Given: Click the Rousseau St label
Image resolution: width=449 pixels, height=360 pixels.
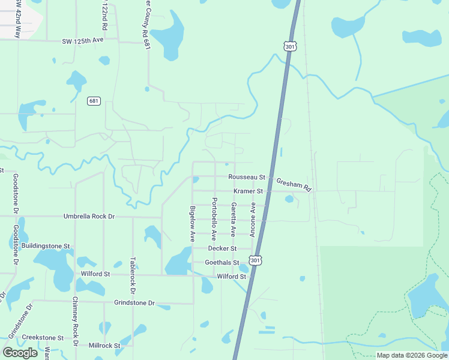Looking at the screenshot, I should [x=247, y=177].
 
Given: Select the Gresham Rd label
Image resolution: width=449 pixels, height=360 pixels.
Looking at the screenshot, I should [x=294, y=185].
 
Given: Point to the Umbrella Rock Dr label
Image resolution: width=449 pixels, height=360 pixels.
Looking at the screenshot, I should [x=89, y=216].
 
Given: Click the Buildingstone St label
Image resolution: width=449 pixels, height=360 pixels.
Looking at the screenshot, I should [x=46, y=245].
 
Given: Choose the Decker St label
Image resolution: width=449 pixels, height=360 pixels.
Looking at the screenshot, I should [x=222, y=248].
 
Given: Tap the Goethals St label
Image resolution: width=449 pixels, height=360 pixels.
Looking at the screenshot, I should [x=222, y=263].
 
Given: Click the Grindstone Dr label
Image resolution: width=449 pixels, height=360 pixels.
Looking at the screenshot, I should [x=134, y=304].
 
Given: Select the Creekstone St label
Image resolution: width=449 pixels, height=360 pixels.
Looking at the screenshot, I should [x=43, y=338].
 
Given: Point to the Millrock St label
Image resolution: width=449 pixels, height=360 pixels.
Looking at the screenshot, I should [x=104, y=346].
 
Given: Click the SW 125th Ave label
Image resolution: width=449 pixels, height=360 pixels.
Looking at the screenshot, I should [x=82, y=41].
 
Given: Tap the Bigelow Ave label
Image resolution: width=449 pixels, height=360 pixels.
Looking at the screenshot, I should [x=193, y=224].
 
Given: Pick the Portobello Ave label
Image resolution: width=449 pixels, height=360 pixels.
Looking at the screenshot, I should [x=213, y=219].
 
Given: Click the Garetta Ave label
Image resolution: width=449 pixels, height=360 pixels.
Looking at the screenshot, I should [x=233, y=219].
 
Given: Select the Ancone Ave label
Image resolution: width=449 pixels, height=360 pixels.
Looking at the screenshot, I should [x=253, y=219].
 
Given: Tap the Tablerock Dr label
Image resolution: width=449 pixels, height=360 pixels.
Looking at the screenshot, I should [x=133, y=275].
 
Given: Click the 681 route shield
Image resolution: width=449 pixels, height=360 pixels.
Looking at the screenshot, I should [x=93, y=101].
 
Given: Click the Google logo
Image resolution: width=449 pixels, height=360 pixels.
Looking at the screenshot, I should [x=20, y=353].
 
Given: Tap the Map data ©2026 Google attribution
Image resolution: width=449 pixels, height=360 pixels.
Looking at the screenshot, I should [x=412, y=355].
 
